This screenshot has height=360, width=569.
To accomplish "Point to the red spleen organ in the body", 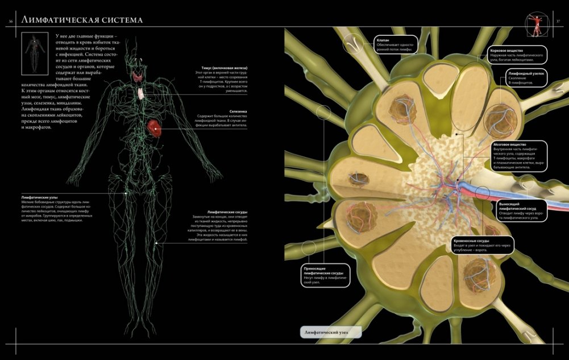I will [x=155, y=127].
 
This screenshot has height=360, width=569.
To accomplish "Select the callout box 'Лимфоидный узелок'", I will [x=526, y=78].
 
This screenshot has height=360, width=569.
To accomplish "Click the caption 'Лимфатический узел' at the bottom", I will [x=330, y=332].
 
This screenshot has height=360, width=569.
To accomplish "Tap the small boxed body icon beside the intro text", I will [x=34, y=52].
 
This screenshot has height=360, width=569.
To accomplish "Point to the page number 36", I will [x=10, y=22].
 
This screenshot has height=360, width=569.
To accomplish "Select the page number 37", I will [x=558, y=22].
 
